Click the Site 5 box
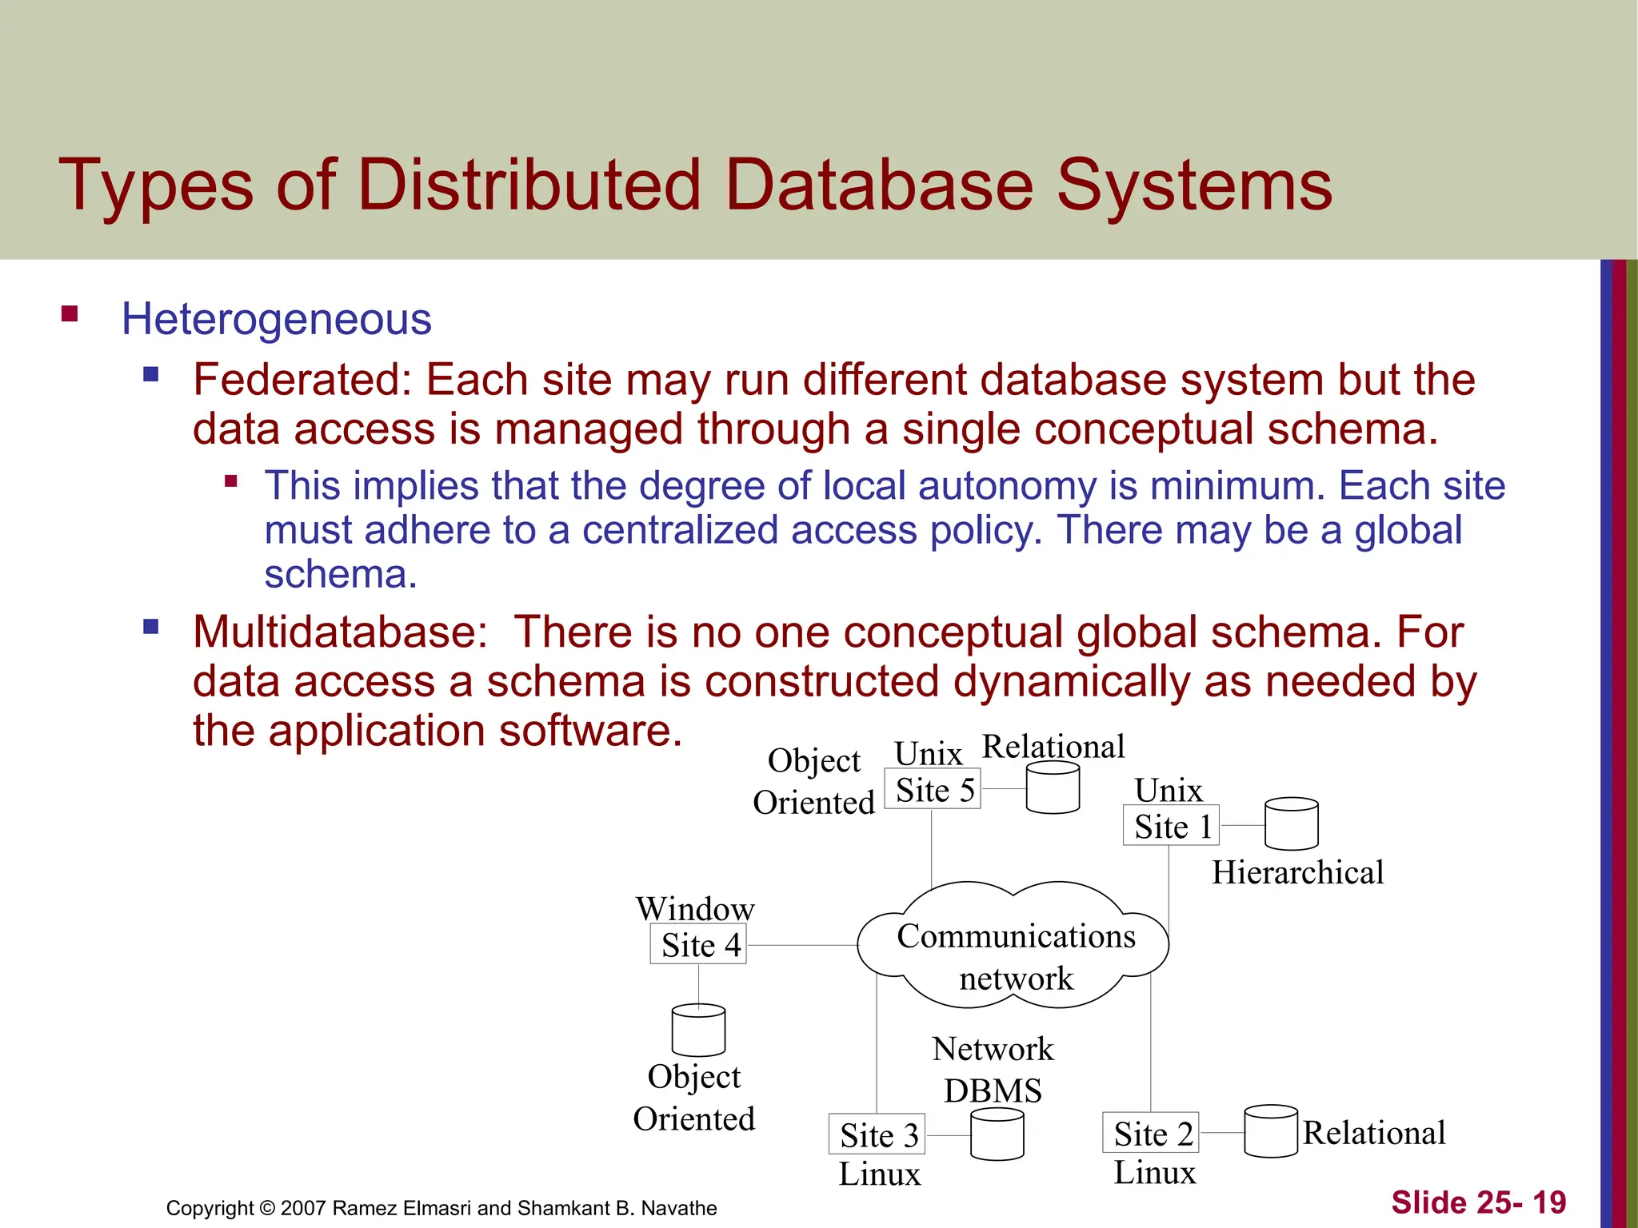[933, 789]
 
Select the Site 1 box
[1171, 825]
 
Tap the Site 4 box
[698, 944]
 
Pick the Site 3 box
[877, 1134]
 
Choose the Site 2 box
[1151, 1133]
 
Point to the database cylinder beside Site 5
[1053, 787]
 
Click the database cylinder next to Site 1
[1291, 823]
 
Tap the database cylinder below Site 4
[698, 1031]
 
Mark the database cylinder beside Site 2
[1271, 1131]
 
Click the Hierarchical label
[1297, 872]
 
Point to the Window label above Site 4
[695, 909]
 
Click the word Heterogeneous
[277, 319]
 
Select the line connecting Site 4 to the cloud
[801, 945]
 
